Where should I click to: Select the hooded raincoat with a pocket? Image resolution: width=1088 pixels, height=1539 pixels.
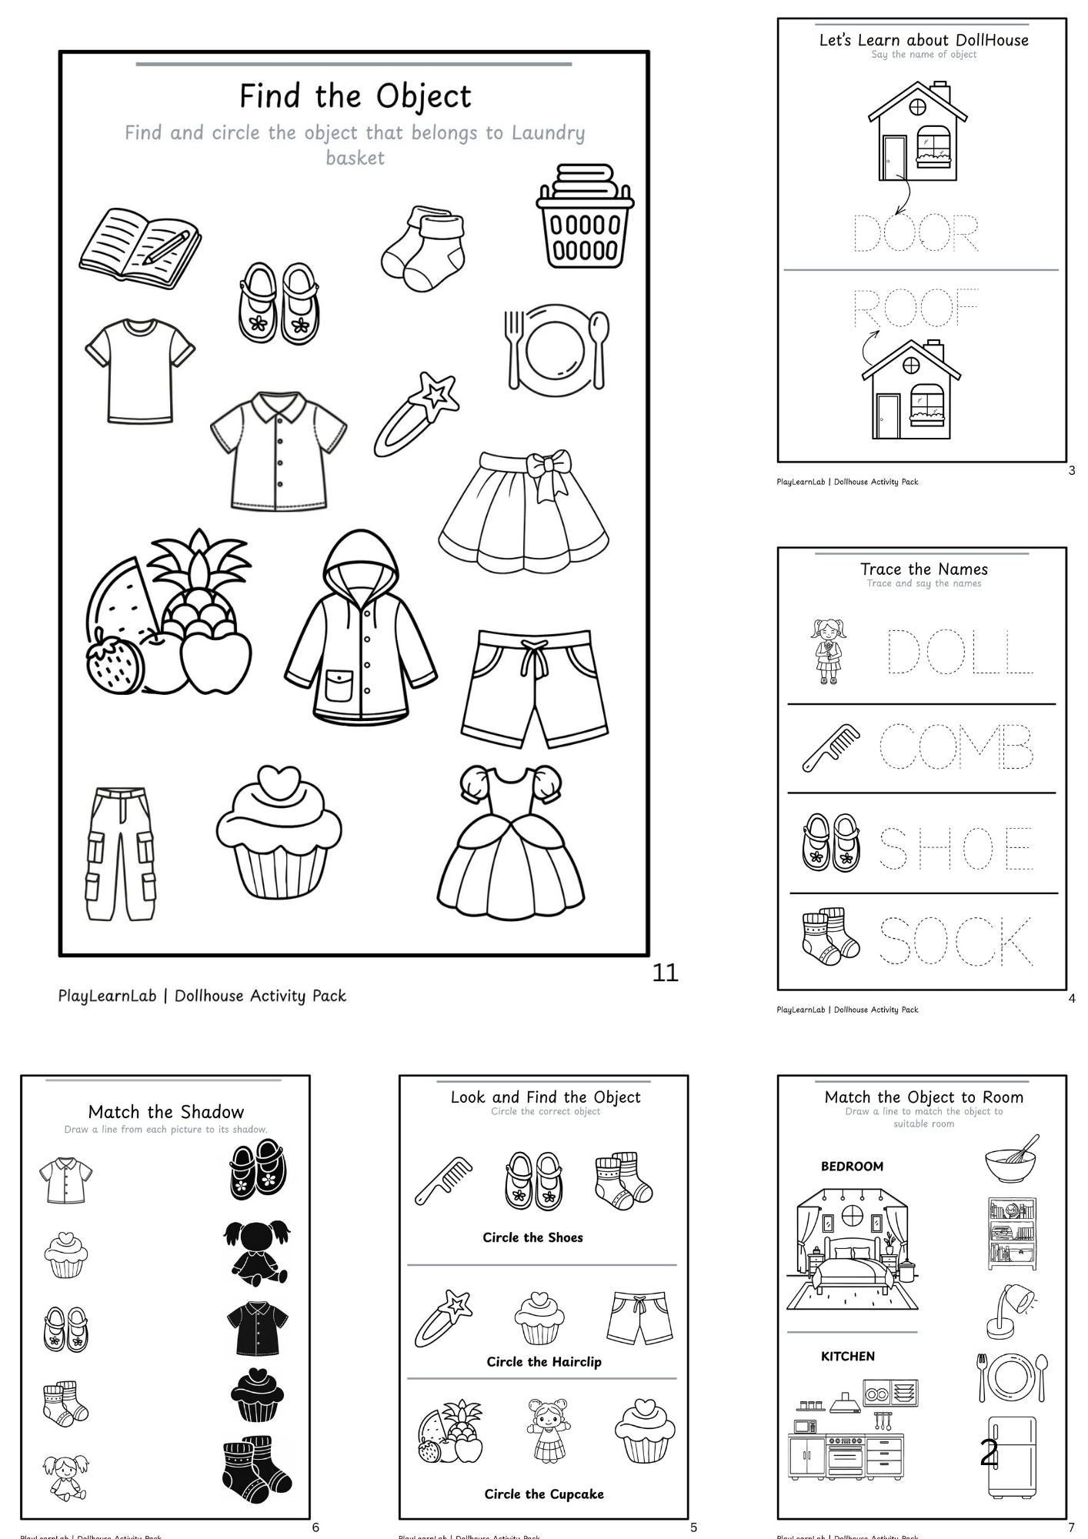(360, 628)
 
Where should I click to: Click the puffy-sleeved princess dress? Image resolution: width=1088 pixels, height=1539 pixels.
(510, 842)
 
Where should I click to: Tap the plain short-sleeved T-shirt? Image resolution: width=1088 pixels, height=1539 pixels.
(139, 370)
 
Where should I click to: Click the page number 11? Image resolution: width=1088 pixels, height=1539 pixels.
(665, 973)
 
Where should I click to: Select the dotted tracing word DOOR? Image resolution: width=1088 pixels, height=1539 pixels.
(916, 234)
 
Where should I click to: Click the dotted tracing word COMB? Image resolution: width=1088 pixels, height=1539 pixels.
(956, 746)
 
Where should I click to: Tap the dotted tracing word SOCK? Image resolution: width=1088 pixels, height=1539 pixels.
(956, 940)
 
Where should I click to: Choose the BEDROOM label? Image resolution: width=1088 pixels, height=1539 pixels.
(852, 1167)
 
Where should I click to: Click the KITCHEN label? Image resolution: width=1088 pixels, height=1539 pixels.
(848, 1356)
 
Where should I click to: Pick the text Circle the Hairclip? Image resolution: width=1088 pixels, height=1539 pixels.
(544, 1361)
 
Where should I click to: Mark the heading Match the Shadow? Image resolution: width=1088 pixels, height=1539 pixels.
(165, 1111)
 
